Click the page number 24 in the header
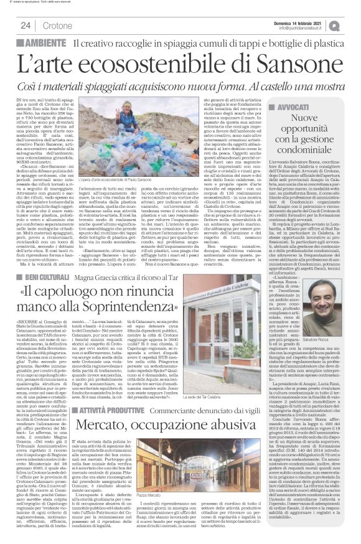coord(26,25)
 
